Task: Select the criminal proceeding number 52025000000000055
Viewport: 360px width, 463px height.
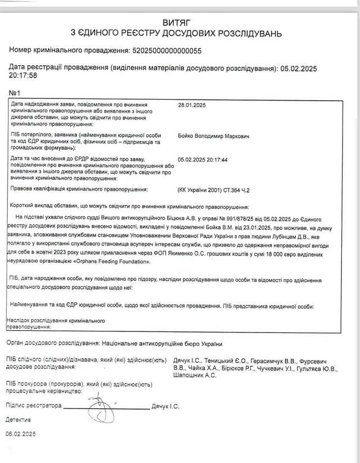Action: [x=166, y=50]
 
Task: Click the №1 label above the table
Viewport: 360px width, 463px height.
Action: [x=15, y=93]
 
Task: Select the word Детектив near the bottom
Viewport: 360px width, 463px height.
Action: [x=19, y=420]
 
